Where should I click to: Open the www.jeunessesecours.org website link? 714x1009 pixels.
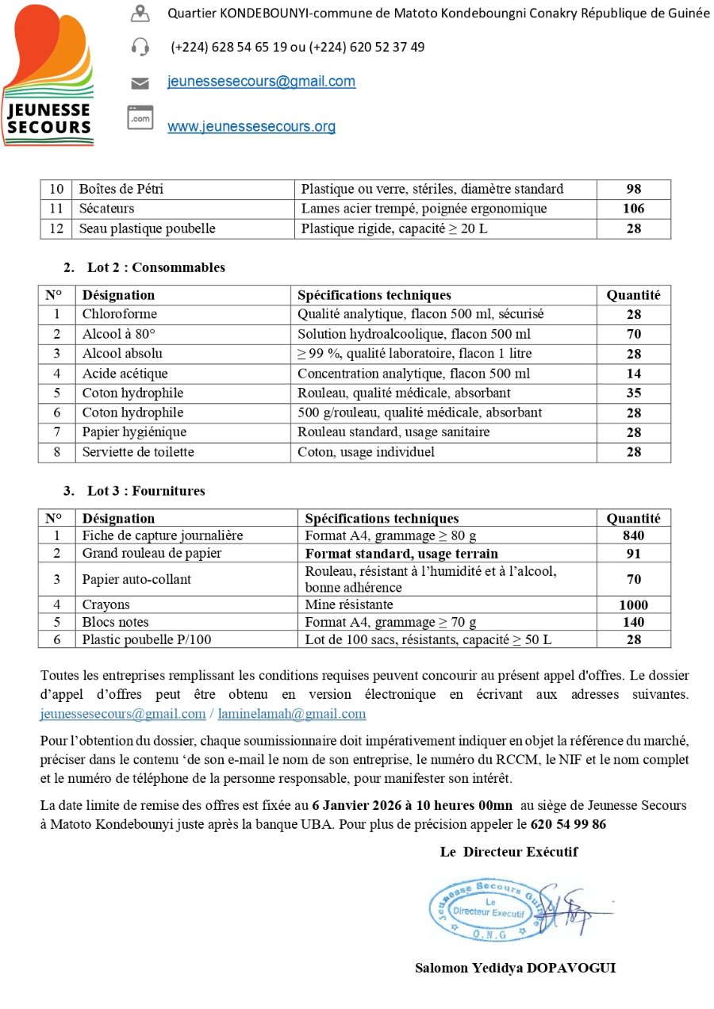point(251,127)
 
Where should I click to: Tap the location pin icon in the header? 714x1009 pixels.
point(140,13)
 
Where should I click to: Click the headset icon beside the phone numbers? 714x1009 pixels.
point(140,47)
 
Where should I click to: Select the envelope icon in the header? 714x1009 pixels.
point(140,82)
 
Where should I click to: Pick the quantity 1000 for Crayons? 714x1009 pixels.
point(633,604)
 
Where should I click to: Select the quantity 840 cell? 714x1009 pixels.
point(633,535)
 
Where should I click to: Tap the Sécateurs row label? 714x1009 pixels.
point(106,209)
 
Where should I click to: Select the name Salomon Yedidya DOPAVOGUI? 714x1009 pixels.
point(515,968)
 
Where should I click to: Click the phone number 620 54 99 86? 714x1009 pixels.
point(568,824)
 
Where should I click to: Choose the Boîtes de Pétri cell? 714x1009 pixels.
point(121,189)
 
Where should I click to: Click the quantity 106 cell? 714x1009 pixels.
point(633,209)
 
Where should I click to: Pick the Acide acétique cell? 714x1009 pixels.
point(125,374)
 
